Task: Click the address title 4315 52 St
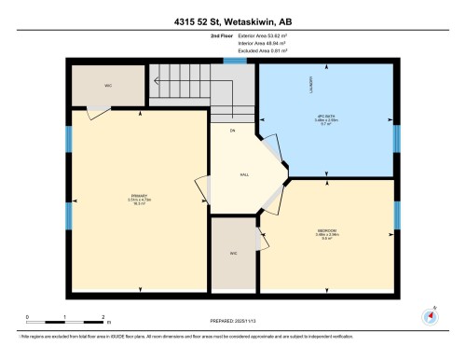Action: (x=232, y=21)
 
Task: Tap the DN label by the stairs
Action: (x=220, y=131)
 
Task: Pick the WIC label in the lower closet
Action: (x=233, y=253)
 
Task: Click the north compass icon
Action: (x=431, y=315)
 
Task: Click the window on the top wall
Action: (x=235, y=61)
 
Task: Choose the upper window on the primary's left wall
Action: (x=68, y=140)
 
